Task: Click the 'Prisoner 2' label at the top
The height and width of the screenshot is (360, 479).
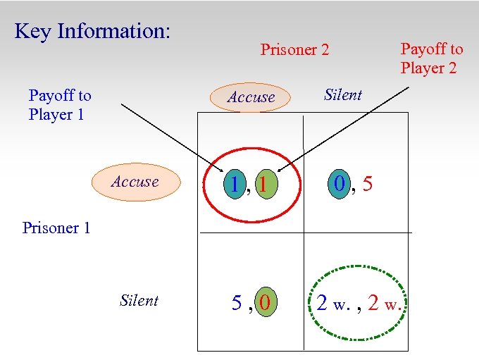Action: [x=294, y=50]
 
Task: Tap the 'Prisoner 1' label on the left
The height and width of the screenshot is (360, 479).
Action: [x=56, y=228]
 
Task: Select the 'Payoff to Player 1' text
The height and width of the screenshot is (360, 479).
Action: [x=59, y=104]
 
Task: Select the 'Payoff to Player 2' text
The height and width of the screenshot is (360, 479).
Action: [x=432, y=58]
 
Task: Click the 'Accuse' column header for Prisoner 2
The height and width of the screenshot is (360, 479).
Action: [x=251, y=97]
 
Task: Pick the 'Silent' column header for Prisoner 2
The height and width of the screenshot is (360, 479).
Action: [x=343, y=95]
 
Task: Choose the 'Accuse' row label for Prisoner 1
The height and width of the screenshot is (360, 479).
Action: [x=135, y=182]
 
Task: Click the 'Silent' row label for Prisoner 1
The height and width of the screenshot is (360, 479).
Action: [x=139, y=301]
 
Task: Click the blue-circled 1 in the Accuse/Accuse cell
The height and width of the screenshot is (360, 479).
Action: [x=234, y=185]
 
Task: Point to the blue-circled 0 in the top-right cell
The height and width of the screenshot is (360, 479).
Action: [x=340, y=185]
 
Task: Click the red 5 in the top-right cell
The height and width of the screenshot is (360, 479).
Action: [x=367, y=185]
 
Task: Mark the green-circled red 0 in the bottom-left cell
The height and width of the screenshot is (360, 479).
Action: [x=264, y=303]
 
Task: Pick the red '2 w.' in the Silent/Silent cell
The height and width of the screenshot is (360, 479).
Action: [x=385, y=304]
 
